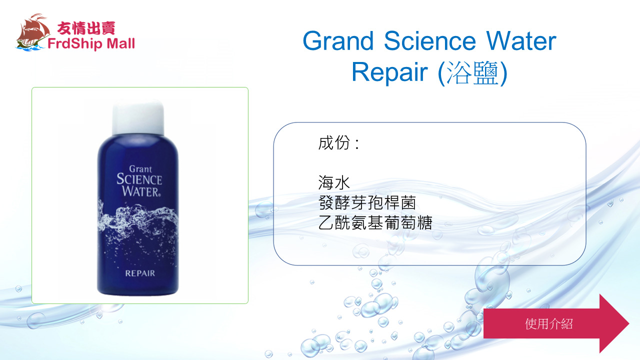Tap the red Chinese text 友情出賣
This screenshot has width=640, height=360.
click(x=86, y=28)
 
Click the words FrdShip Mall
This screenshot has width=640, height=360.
click(x=91, y=43)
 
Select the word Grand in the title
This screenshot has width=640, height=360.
click(x=338, y=41)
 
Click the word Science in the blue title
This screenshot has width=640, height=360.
click(x=429, y=41)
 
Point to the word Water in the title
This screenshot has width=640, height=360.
click(x=521, y=41)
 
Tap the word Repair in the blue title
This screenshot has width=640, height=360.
click(x=389, y=72)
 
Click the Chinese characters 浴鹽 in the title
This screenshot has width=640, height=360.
click(x=473, y=73)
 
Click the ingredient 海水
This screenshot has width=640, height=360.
click(x=334, y=182)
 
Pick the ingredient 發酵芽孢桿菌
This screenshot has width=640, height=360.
click(x=367, y=202)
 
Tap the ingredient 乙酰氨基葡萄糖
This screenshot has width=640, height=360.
click(x=375, y=222)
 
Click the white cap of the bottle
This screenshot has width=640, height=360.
click(x=138, y=117)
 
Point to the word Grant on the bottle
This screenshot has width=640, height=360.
click(x=140, y=169)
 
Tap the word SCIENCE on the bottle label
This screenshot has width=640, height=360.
click(x=139, y=179)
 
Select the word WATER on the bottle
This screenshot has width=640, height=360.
click(x=141, y=191)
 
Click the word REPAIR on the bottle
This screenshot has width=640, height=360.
click(x=140, y=273)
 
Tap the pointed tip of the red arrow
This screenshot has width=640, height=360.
click(x=629, y=323)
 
